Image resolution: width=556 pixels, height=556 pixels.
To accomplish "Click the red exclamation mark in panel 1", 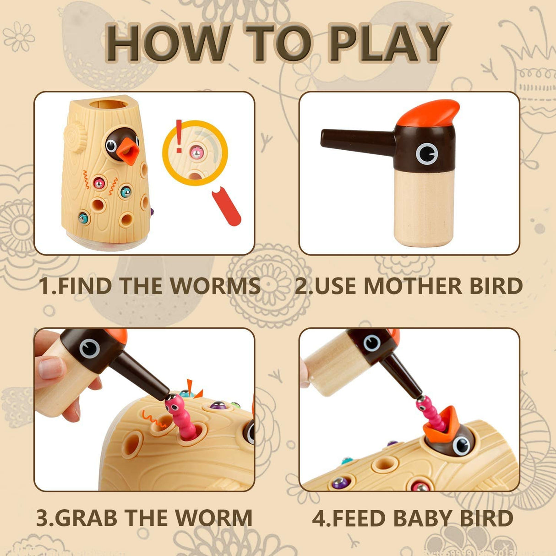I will click(179, 136).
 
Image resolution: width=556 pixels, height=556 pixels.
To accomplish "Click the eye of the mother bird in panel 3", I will click(89, 349).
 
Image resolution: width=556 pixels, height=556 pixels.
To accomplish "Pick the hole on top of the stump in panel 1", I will click(107, 104).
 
